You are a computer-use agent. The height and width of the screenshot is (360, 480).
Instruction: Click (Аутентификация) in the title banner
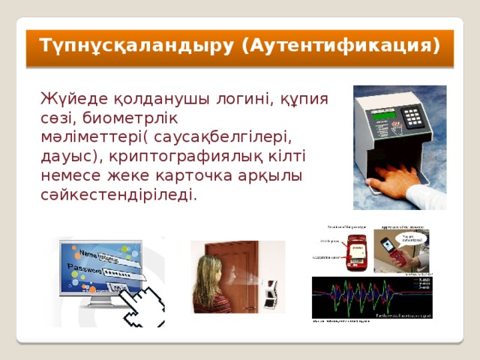pos(341,46)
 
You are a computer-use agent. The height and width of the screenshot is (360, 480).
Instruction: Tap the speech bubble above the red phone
pos(412,238)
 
